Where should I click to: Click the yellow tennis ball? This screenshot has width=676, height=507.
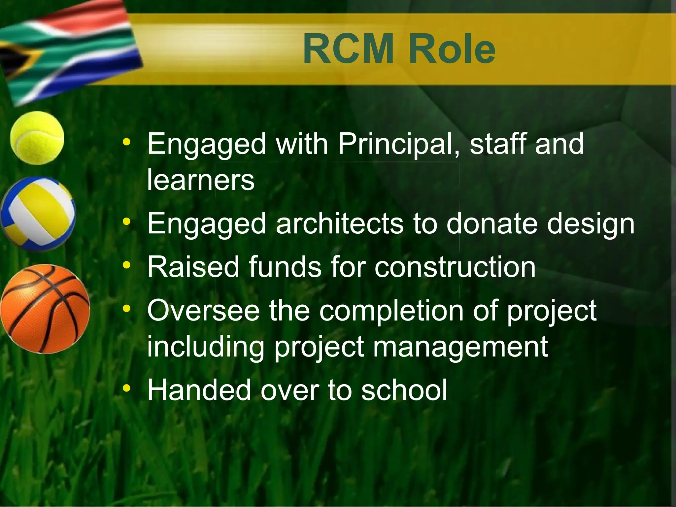[37, 138]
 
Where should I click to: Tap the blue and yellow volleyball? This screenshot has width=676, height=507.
[38, 214]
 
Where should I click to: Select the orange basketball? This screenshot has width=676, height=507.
[45, 309]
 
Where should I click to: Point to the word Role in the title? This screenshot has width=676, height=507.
[452, 50]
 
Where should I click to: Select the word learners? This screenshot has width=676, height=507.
[201, 180]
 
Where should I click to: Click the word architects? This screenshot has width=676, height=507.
[340, 223]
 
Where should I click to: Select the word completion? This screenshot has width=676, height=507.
[391, 311]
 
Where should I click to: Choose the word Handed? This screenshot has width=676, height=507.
[199, 390]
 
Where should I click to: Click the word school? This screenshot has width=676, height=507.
[404, 390]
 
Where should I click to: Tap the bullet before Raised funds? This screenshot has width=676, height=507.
[126, 265]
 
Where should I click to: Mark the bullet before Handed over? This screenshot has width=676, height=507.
[126, 389]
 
